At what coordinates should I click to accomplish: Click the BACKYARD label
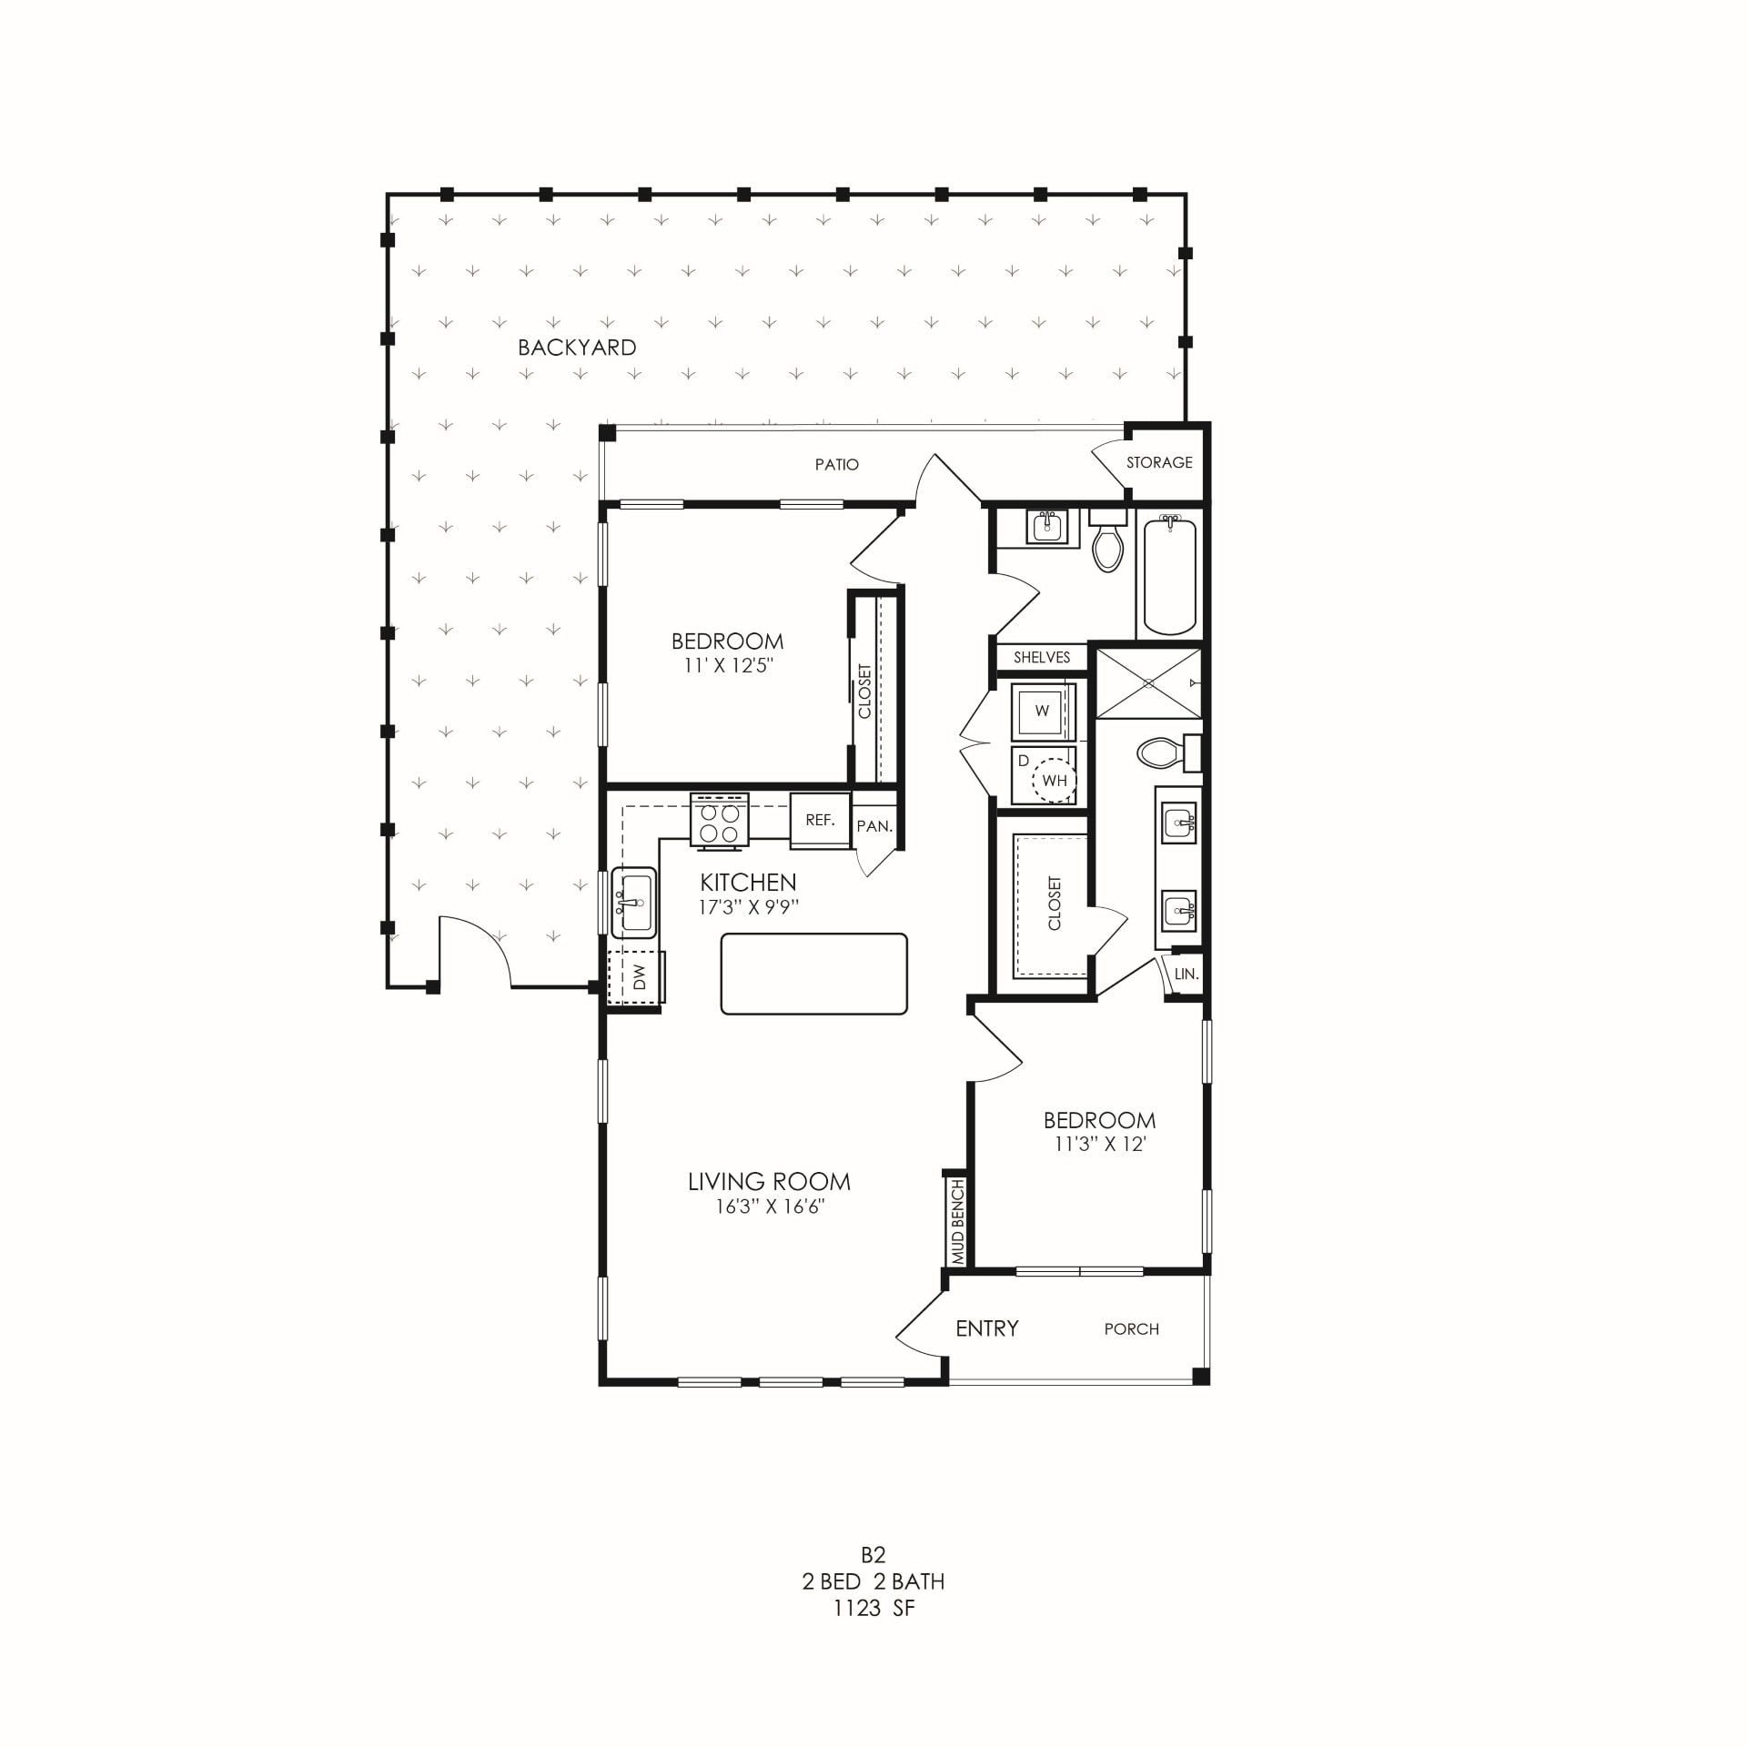click(577, 348)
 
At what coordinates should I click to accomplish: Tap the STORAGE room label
click(1159, 463)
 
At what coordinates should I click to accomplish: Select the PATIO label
click(836, 465)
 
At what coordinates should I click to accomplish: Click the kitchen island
click(813, 974)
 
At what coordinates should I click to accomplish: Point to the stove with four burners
click(720, 823)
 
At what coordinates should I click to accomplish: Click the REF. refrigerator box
click(820, 821)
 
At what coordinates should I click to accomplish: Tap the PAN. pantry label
click(874, 826)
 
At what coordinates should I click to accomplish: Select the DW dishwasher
click(638, 977)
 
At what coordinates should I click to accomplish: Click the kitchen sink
click(634, 903)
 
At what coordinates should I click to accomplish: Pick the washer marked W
click(1043, 712)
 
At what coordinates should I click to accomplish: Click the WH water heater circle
click(1055, 781)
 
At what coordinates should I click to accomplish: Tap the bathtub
click(1169, 575)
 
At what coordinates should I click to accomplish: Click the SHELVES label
click(1042, 658)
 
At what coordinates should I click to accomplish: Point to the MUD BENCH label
click(957, 1222)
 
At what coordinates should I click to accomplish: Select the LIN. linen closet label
click(1186, 974)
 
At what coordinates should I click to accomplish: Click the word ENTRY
click(987, 1328)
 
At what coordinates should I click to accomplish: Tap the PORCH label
click(1131, 1329)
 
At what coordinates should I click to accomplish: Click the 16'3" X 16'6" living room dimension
click(770, 1207)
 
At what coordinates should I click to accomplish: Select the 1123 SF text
click(873, 1609)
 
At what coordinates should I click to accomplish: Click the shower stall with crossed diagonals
click(1148, 682)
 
